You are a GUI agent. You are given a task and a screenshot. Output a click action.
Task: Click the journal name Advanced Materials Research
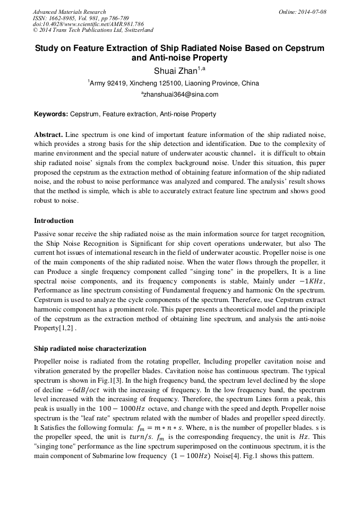(x=69, y=12)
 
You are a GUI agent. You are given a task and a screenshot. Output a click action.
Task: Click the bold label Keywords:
(x=51, y=114)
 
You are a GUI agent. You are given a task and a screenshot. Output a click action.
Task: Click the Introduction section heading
(x=54, y=220)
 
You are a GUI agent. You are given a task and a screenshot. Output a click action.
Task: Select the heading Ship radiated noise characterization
(x=90, y=349)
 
